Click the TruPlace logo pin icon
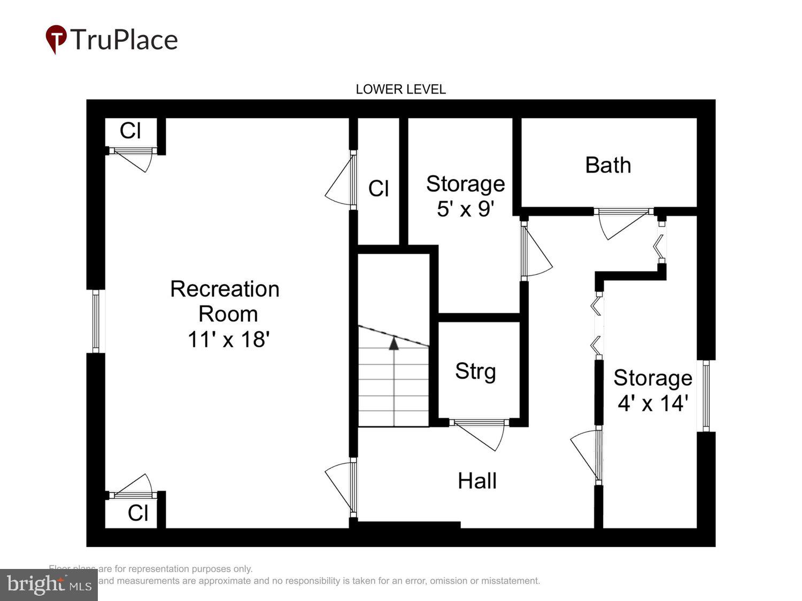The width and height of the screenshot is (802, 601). pyautogui.click(x=56, y=39)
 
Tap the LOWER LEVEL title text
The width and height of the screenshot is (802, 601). pyautogui.click(x=400, y=89)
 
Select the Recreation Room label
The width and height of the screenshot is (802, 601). pyautogui.click(x=225, y=301)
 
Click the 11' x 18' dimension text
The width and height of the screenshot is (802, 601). pyautogui.click(x=228, y=339)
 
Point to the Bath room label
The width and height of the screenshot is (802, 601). pyautogui.click(x=608, y=165)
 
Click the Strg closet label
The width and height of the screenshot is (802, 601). pyautogui.click(x=475, y=371)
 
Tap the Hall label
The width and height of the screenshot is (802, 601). pyautogui.click(x=477, y=481)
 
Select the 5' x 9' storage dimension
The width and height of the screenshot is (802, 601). pyautogui.click(x=465, y=209)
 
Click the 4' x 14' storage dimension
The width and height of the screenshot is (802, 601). pyautogui.click(x=652, y=403)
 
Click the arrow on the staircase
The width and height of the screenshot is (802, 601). pyautogui.click(x=394, y=344)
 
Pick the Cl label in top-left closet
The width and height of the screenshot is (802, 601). pyautogui.click(x=130, y=131)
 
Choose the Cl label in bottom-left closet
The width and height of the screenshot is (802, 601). pyautogui.click(x=137, y=513)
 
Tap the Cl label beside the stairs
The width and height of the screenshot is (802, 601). pyautogui.click(x=379, y=189)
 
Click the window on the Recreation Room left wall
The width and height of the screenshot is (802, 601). pyautogui.click(x=96, y=321)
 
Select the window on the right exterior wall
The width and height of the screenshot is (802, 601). pyautogui.click(x=706, y=396)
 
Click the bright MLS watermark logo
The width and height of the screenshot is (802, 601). pyautogui.click(x=49, y=584)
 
